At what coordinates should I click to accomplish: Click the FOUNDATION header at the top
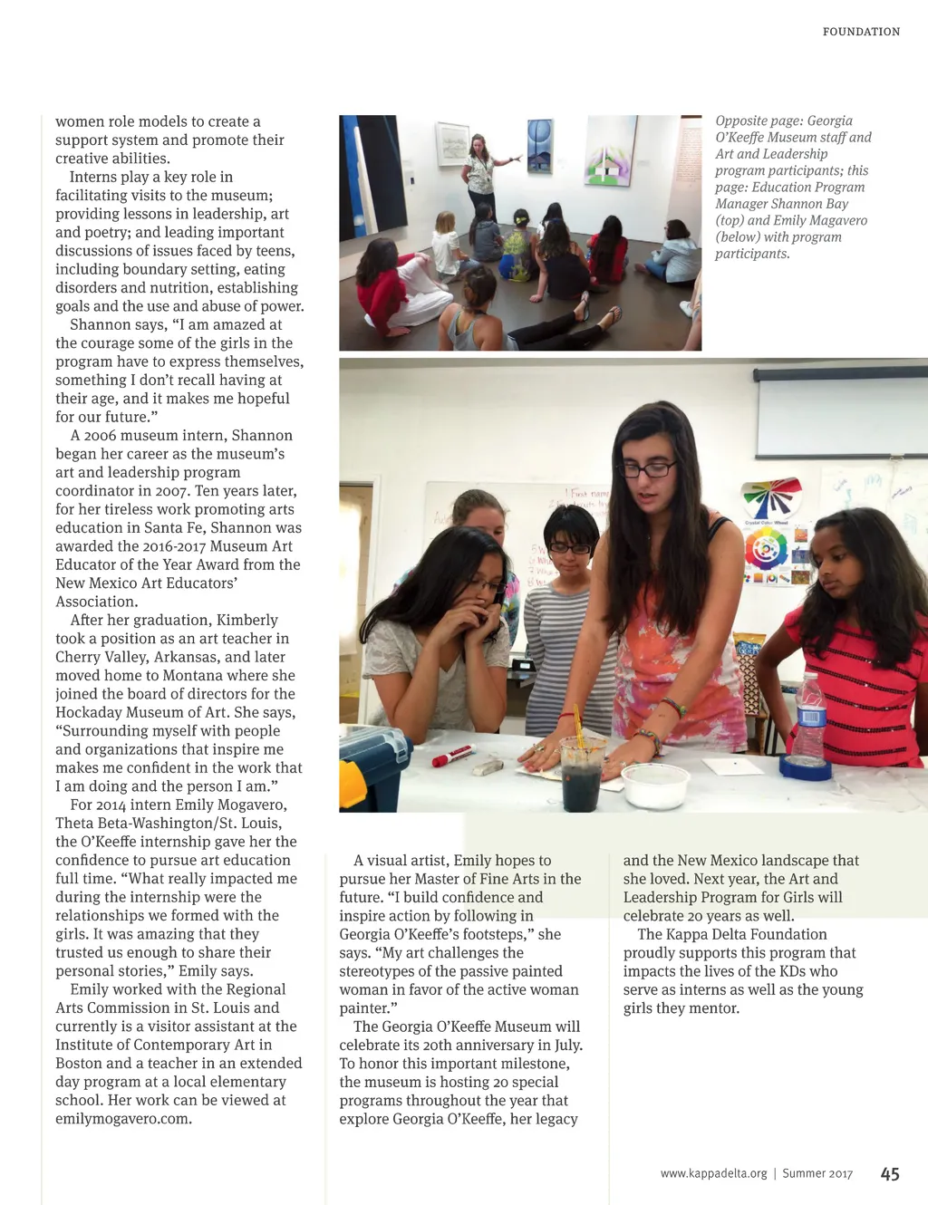[861, 32]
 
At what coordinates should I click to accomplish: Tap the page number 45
[890, 1174]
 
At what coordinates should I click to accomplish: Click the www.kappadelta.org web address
[713, 1174]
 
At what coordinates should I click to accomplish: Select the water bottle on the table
[809, 721]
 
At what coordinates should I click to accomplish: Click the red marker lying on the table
[453, 755]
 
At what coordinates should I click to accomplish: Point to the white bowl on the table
[654, 785]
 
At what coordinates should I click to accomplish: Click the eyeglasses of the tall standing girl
[649, 469]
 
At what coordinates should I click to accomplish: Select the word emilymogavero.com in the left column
[123, 1119]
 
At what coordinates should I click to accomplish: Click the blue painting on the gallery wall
[540, 145]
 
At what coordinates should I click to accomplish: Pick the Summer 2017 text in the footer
[817, 1174]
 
